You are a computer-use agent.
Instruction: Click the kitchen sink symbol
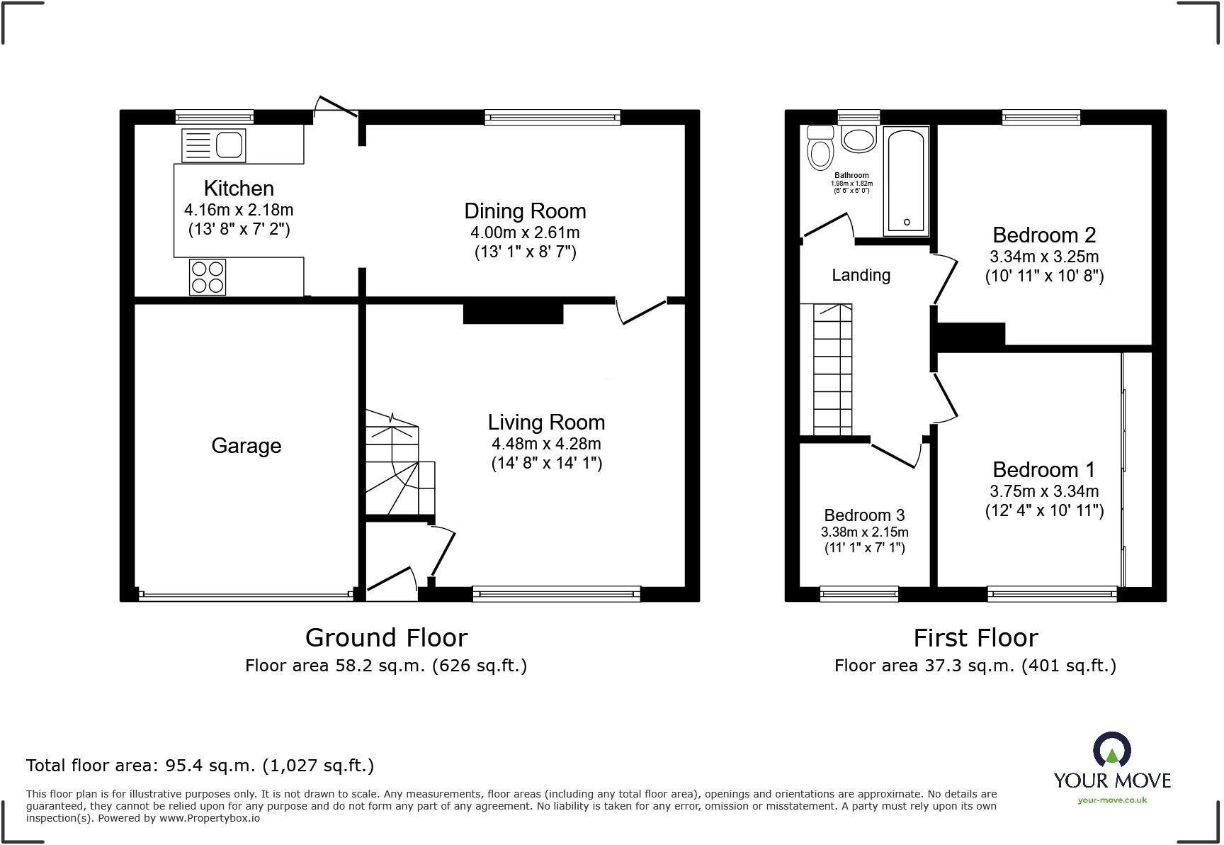coord(213,146)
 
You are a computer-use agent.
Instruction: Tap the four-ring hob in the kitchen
coord(208,277)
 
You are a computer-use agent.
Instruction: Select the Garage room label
coord(246,446)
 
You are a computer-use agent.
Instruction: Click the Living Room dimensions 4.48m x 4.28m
coord(546,444)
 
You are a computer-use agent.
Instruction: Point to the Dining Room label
coord(525,211)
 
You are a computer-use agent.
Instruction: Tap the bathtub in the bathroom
coord(906,181)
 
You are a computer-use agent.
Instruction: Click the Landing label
coord(861,275)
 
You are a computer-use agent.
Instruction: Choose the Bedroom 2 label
coord(1044,235)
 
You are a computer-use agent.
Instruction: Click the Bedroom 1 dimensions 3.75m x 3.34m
coord(1044,491)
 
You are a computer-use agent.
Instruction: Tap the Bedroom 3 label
coord(864,515)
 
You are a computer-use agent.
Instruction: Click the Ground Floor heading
coord(386,638)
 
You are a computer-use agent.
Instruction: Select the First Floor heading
coord(975,638)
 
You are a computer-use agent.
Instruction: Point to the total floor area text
coord(200,766)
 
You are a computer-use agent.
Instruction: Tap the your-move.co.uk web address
coord(1112,800)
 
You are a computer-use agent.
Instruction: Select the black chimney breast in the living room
coord(513,313)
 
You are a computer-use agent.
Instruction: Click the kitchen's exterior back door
coord(335,108)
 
